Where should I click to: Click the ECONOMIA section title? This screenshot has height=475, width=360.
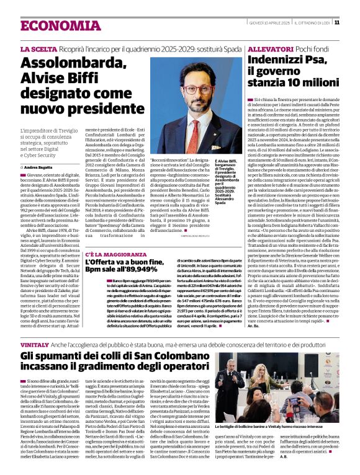tap(52, 25)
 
